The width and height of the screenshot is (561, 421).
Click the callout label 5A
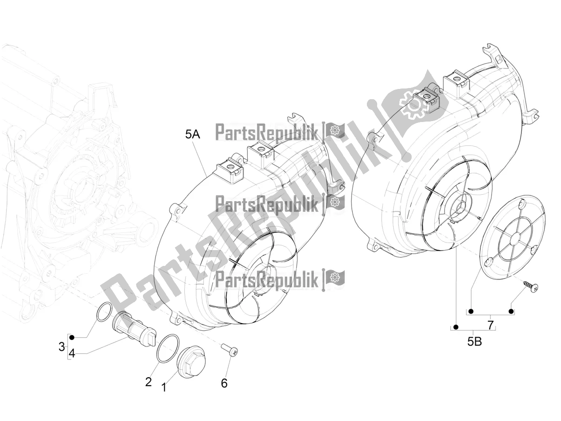[x=193, y=135]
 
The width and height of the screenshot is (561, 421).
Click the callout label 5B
[x=474, y=342]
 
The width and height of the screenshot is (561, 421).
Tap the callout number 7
[x=490, y=326]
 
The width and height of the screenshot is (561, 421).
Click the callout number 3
[x=61, y=347]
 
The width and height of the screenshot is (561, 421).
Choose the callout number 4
[x=72, y=353]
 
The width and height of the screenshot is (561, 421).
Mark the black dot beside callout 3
[x=72, y=338]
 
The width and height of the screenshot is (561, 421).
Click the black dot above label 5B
[x=456, y=327]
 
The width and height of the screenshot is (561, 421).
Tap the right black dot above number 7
[x=511, y=311]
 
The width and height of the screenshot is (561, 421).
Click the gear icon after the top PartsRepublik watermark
[x=334, y=130]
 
